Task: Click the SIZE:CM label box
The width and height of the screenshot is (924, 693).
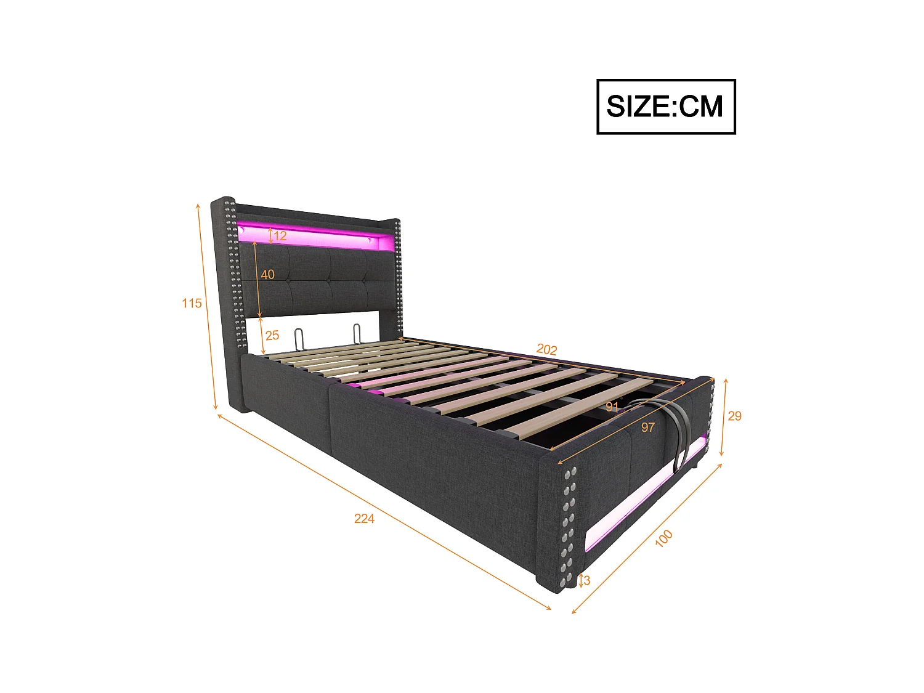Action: tap(666, 107)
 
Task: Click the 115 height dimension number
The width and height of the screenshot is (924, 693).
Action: tap(192, 303)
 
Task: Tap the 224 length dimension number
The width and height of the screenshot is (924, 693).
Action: tap(364, 519)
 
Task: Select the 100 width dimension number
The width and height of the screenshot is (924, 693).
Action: tap(663, 538)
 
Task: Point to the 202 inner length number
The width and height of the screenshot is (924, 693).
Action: tap(546, 349)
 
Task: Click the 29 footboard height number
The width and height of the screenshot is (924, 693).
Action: tap(734, 416)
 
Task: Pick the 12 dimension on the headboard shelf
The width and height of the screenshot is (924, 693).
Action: tap(280, 236)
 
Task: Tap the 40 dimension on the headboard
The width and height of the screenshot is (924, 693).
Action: tap(268, 275)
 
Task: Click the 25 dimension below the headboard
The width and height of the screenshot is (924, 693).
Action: tap(272, 336)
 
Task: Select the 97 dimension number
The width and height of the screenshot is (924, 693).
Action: tap(648, 427)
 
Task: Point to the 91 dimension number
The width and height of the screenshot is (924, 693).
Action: tap(612, 407)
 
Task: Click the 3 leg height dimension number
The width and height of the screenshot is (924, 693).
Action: tap(587, 580)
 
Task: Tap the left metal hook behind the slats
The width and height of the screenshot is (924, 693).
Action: tap(299, 338)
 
